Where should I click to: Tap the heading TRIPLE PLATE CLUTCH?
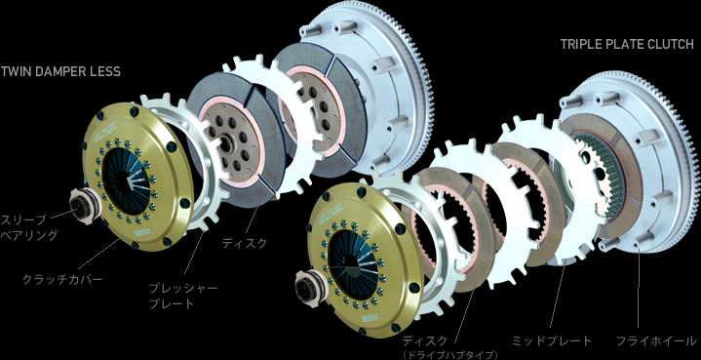626,44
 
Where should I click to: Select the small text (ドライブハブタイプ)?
449,354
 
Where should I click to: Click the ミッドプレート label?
551,340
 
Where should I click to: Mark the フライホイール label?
656,340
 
